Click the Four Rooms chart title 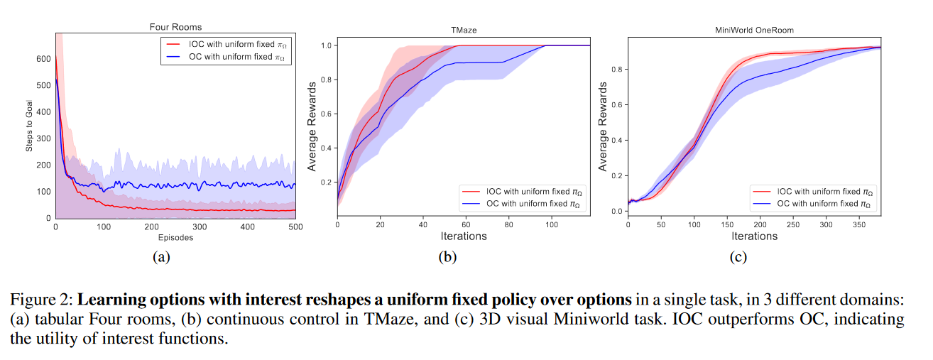pos(175,27)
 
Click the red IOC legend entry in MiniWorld pos(814,192)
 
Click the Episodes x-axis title pos(175,238)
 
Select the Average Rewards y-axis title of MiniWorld pos(603,126)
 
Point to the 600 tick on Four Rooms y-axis pos(43,59)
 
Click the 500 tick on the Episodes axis pos(295,227)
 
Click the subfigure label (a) pos(160,257)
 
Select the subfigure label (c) pos(738,257)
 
